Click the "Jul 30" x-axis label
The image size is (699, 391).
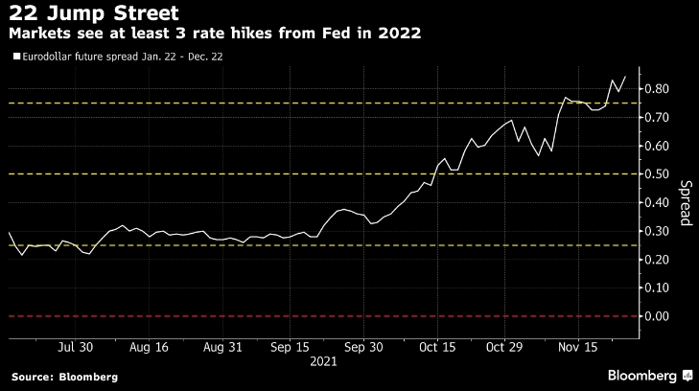pos(76,346)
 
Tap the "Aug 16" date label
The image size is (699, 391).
pos(150,346)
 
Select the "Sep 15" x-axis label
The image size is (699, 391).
pos(289,346)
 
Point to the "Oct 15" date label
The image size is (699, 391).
pos(436,346)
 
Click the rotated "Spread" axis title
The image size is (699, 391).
pos(686,202)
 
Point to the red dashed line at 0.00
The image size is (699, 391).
pos(288,316)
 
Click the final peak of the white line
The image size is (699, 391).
pos(625,77)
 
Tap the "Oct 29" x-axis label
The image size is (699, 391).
pos(504,346)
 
